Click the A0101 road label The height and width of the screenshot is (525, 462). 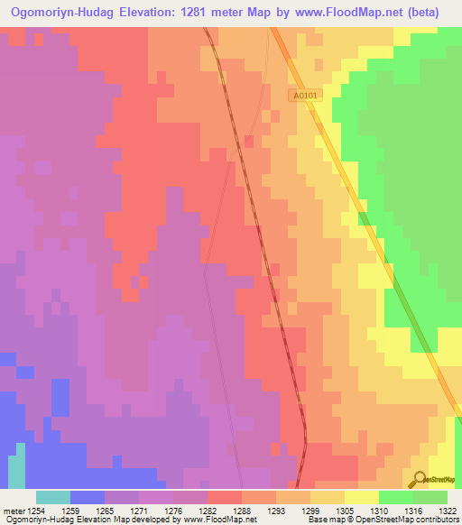click(306, 96)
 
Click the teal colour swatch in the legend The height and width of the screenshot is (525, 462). click(53, 496)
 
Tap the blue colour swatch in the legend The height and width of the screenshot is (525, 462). click(88, 496)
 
